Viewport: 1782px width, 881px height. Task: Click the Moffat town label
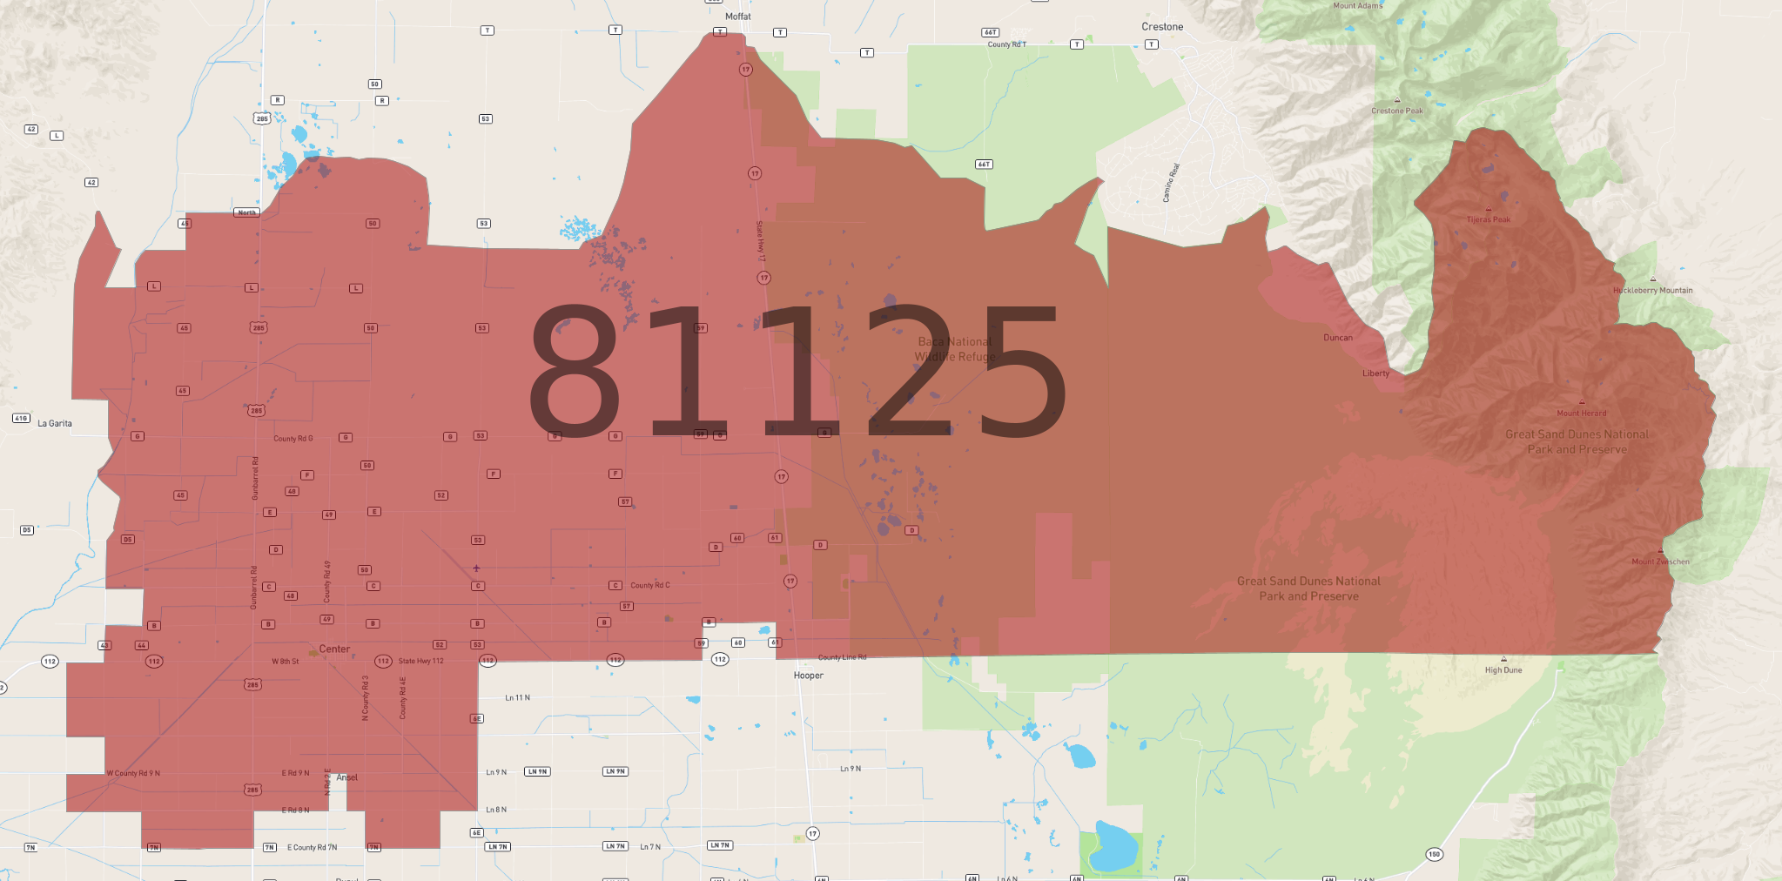tap(737, 17)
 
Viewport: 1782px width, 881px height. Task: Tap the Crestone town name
tap(1162, 27)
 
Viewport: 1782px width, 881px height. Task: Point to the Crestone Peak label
tap(1396, 111)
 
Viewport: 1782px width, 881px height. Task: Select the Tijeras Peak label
tap(1488, 219)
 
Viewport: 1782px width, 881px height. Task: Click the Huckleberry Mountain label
tap(1652, 291)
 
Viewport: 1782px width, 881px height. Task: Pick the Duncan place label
tap(1338, 338)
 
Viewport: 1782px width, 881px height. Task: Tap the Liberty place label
tap(1375, 373)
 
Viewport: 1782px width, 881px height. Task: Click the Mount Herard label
tap(1582, 413)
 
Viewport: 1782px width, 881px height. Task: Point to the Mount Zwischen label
tap(1660, 562)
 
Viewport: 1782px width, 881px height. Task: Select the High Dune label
tap(1503, 670)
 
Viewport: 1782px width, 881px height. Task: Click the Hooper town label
tap(808, 676)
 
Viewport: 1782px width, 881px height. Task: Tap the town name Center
tap(334, 649)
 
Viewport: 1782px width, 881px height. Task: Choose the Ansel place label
tap(346, 777)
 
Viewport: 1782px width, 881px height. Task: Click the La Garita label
tap(55, 424)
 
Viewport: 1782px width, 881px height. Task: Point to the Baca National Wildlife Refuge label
tap(955, 349)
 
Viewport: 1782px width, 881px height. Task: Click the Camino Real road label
tap(1171, 183)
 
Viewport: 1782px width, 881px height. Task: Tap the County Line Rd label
tap(842, 657)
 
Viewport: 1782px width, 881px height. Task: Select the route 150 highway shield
tap(1434, 854)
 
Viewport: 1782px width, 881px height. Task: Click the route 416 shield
tap(21, 419)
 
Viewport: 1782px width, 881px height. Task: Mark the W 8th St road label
tap(285, 662)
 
